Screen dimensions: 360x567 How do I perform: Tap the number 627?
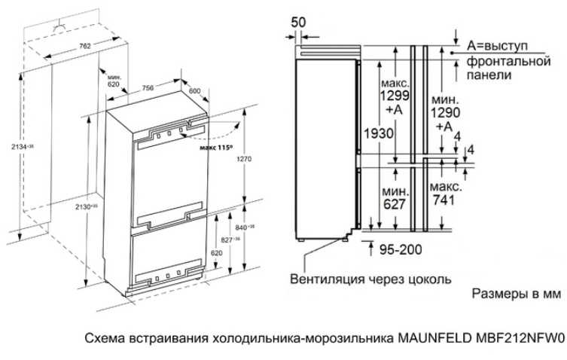[394, 204]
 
